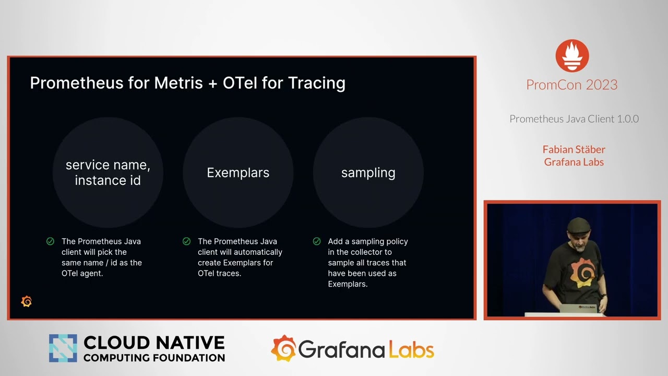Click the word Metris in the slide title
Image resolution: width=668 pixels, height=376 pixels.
178,83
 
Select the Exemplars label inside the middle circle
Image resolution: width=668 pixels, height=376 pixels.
238,173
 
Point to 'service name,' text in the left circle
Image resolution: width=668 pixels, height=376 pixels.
108,165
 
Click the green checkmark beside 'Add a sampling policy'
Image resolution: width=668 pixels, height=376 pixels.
317,241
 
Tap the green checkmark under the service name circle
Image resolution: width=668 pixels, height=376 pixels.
51,241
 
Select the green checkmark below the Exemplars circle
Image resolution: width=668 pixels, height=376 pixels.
186,241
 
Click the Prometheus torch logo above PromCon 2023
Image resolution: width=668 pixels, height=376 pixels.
572,56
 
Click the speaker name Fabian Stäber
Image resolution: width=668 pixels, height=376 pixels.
574,149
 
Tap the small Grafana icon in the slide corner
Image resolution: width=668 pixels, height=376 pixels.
27,301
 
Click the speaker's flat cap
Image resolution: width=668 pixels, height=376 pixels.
579,225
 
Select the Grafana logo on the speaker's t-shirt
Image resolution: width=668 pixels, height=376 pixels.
582,273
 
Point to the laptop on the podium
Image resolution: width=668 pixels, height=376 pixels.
579,308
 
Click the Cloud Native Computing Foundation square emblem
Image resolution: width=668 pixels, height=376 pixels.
63,348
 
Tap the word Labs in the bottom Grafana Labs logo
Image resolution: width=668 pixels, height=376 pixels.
412,350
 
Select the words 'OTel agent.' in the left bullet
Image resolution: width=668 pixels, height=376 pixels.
82,273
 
